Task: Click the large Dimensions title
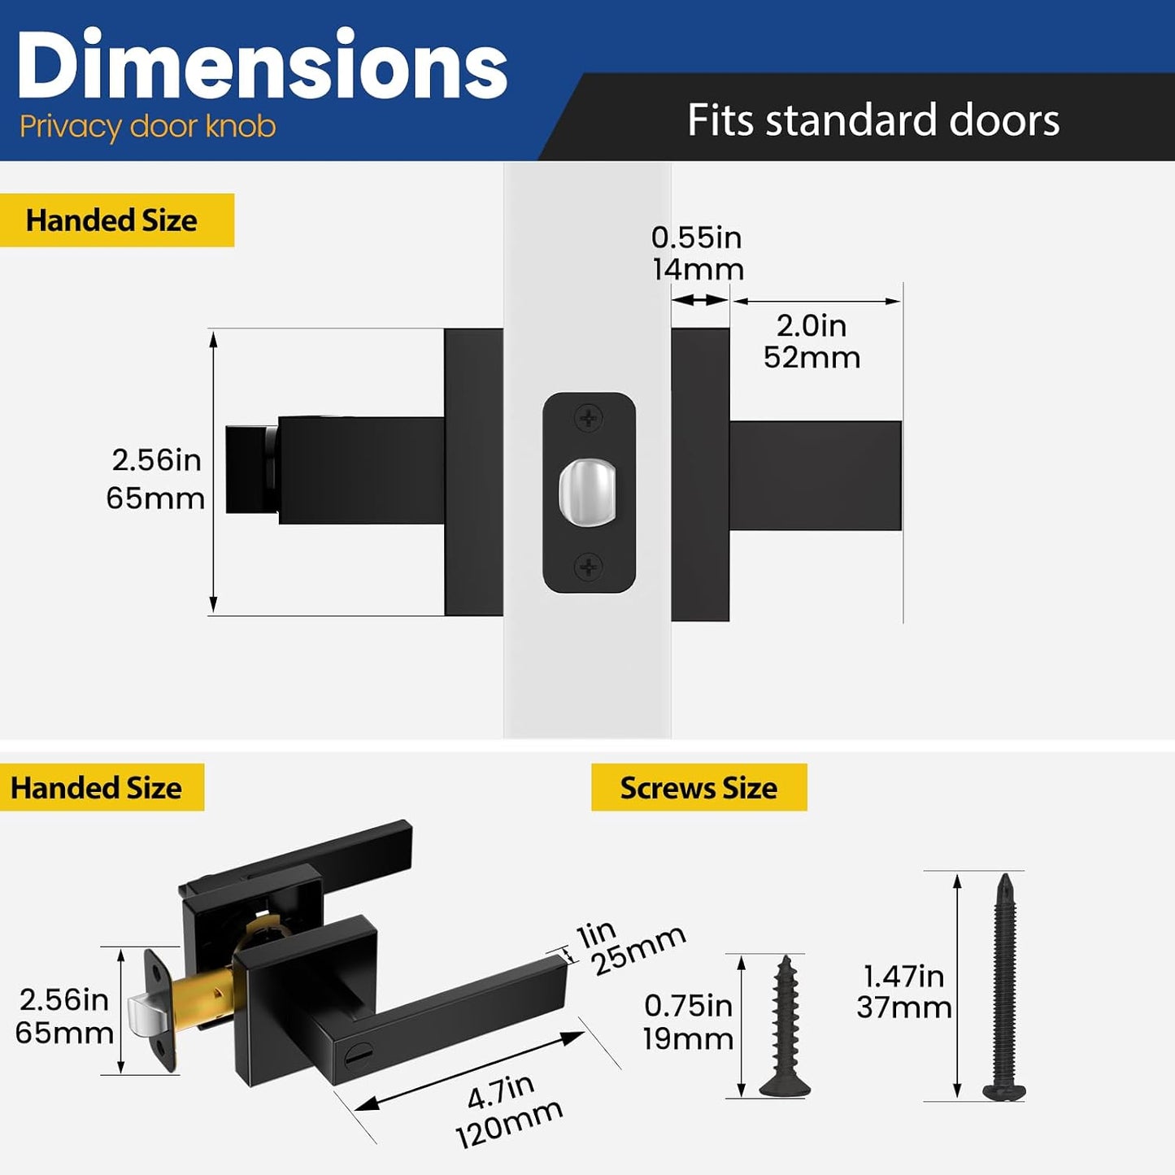click(262, 64)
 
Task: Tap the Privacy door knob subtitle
click(147, 128)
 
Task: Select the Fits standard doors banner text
click(873, 120)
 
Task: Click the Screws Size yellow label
click(698, 787)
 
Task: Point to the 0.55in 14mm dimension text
click(698, 253)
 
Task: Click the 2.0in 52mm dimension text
click(812, 342)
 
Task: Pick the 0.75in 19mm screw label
click(689, 1022)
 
